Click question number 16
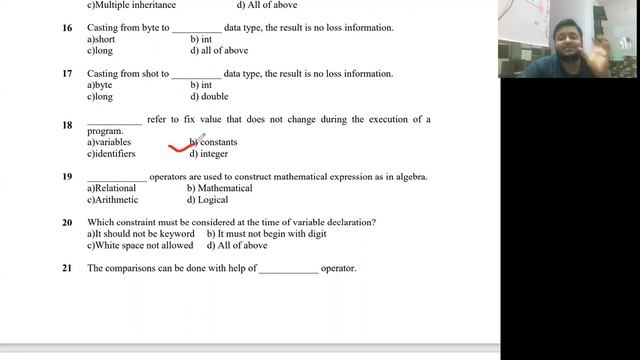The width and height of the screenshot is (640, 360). [x=67, y=28]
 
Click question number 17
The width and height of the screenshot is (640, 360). [x=67, y=74]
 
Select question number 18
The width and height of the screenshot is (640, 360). [x=67, y=125]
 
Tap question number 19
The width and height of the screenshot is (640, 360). [x=67, y=177]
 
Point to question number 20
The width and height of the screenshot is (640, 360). [x=67, y=222]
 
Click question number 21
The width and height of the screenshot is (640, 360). [x=67, y=268]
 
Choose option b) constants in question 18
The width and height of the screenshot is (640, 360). [x=213, y=143]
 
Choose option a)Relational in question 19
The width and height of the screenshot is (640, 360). [x=111, y=188]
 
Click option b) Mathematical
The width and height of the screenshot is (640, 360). [x=219, y=188]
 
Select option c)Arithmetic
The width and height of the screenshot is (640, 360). [x=112, y=200]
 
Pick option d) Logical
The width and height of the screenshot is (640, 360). [x=207, y=200]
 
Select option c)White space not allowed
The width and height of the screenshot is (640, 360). [x=140, y=245]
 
